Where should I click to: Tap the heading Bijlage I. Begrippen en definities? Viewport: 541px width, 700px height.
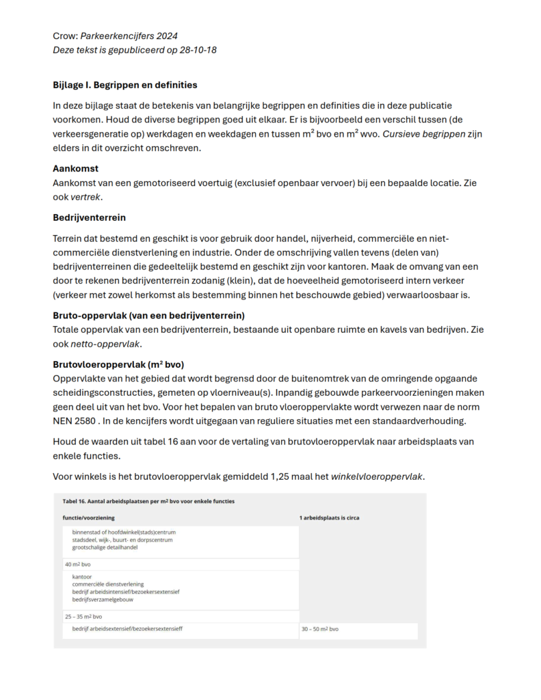pos(125,85)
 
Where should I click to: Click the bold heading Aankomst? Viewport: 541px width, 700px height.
pos(76,168)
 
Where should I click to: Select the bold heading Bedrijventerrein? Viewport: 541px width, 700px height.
pos(90,217)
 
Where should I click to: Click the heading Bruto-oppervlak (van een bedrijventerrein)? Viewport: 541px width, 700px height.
pos(148,315)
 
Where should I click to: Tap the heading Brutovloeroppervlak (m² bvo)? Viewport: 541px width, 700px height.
pos(118,364)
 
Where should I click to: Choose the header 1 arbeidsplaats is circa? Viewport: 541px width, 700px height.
pos(329,517)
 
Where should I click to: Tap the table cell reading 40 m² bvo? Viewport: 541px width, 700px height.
pos(78,565)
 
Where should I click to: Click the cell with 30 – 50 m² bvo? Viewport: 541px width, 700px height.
pos(320,629)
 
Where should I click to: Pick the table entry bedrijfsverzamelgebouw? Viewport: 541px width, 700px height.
pos(103,600)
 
